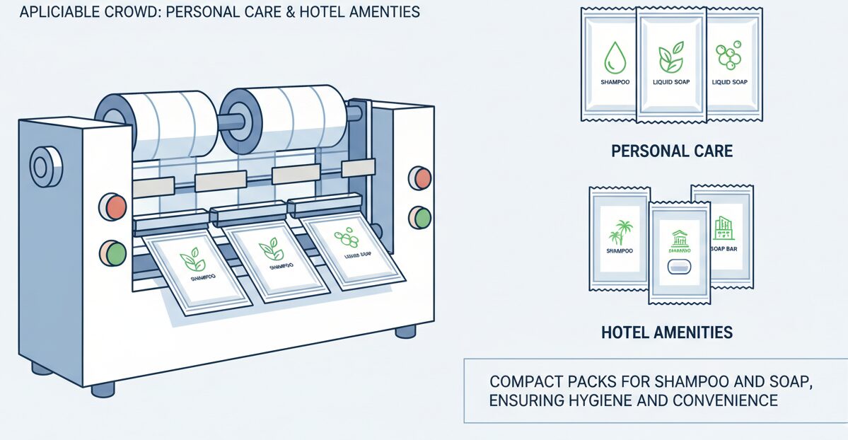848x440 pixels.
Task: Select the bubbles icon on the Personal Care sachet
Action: tap(728, 58)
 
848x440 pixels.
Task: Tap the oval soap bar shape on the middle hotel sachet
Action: tap(678, 266)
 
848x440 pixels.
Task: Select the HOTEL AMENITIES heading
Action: tap(666, 332)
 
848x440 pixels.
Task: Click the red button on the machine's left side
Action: tap(114, 207)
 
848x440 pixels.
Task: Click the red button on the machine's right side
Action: tap(420, 178)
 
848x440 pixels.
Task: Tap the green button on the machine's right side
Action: tap(420, 217)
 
